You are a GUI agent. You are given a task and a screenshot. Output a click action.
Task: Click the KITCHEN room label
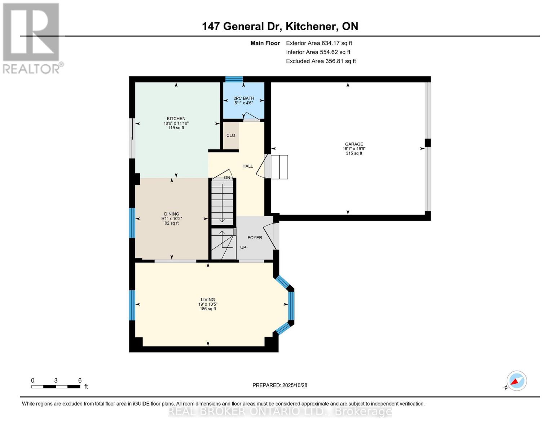pos(176,118)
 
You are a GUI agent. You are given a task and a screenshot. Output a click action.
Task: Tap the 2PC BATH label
pos(244,98)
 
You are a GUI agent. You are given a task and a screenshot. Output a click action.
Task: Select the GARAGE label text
pos(353,144)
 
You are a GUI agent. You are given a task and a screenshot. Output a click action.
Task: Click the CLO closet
pos(231,135)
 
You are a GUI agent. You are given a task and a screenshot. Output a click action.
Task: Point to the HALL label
pos(248,166)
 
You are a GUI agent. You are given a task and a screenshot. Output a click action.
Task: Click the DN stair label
pos(227,177)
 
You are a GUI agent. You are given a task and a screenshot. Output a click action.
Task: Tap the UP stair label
pos(243,247)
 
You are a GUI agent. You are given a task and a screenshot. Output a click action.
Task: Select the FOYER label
pos(255,238)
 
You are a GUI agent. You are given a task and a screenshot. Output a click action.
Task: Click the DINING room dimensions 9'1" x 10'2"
pos(172,219)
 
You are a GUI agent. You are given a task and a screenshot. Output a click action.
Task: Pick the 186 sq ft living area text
pos(208,309)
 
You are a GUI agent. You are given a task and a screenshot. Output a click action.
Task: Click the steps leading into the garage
pos(279,167)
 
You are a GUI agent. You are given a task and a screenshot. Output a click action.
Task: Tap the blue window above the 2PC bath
pos(234,79)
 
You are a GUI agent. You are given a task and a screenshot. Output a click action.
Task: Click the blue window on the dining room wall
pos(132,223)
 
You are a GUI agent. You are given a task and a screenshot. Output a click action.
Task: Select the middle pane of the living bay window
pos(291,306)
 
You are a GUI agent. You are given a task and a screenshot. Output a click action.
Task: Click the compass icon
pos(516,381)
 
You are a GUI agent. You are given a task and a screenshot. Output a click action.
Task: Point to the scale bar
pos(56,387)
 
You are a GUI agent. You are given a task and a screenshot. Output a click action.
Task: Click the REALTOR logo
pos(31,38)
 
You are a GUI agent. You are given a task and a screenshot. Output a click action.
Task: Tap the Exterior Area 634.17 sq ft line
pos(319,43)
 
